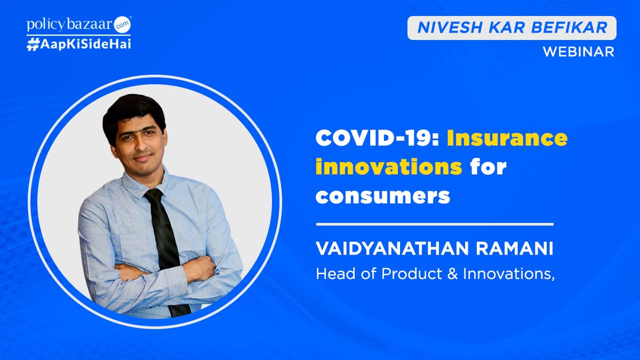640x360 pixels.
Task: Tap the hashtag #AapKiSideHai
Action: pyautogui.click(x=78, y=44)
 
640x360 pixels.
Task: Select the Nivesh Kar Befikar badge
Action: pyautogui.click(x=511, y=28)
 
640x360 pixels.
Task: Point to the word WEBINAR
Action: pyautogui.click(x=578, y=52)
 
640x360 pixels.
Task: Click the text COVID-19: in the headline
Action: pyautogui.click(x=377, y=139)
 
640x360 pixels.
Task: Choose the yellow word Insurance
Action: pyautogui.click(x=507, y=139)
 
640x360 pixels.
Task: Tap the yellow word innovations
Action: pyautogui.click(x=389, y=167)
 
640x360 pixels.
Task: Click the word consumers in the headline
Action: pyautogui.click(x=383, y=196)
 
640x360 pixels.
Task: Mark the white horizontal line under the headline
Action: pyautogui.click(x=435, y=224)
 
